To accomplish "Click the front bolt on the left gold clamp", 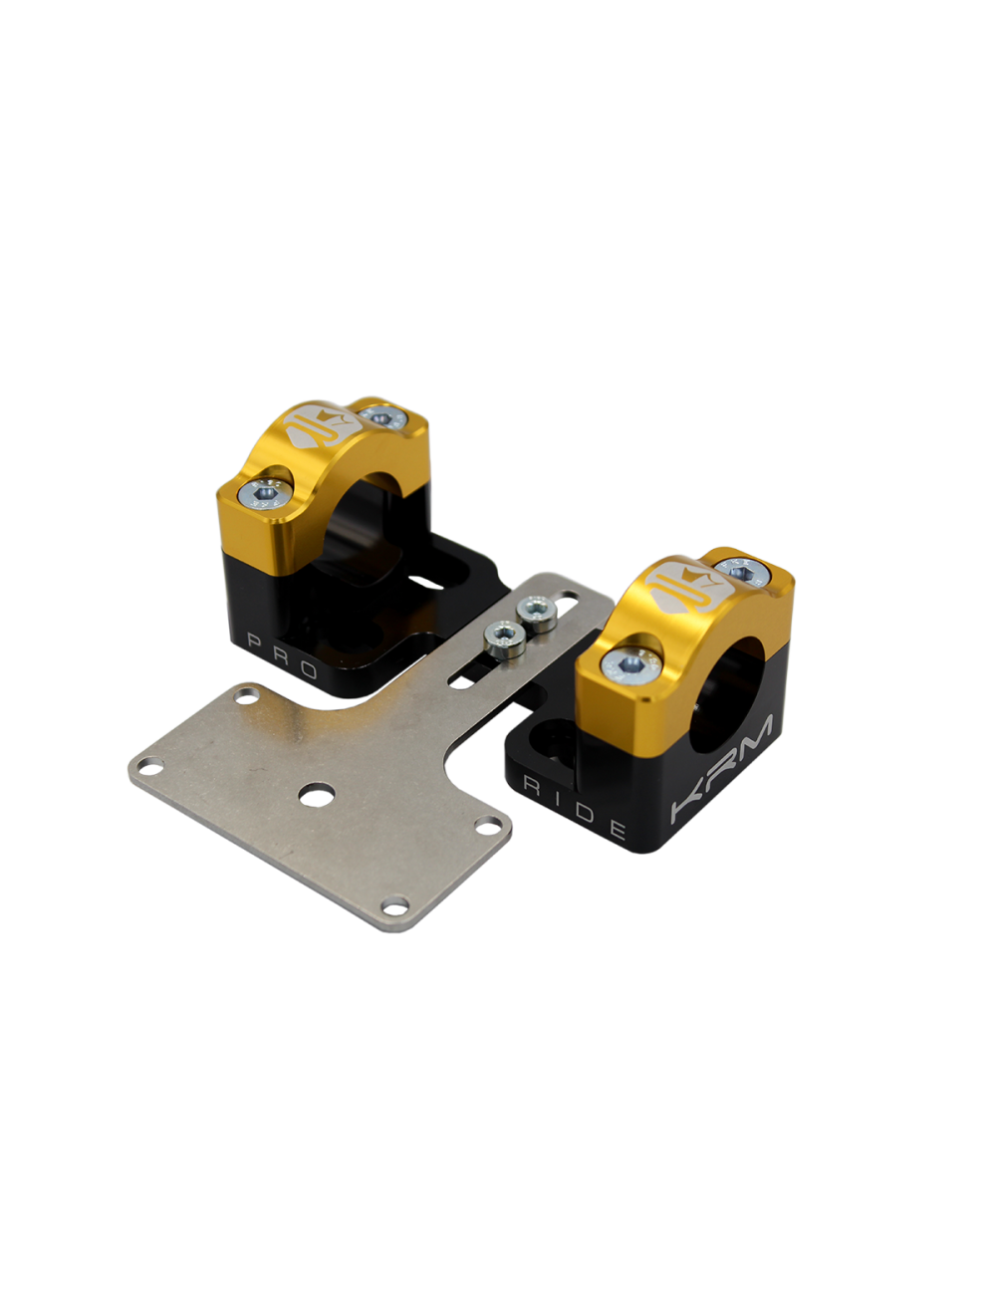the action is click(x=265, y=493).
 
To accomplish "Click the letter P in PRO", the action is click(x=255, y=642).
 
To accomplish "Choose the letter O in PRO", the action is click(x=308, y=669).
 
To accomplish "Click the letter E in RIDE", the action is click(x=618, y=830).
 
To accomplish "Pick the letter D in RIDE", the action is click(x=586, y=813).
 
